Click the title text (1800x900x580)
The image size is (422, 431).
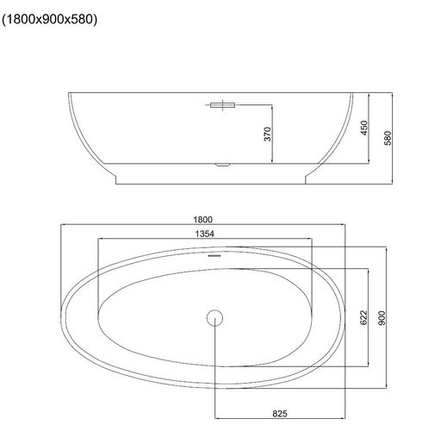[49, 20]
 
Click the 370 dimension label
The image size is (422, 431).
[267, 134]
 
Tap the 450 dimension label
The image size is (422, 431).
[364, 128]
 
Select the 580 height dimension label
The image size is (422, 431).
[388, 138]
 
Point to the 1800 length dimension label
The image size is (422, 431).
[203, 220]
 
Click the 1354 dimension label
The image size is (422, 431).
[205, 234]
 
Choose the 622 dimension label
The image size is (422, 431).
[363, 317]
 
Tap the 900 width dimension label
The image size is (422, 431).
[382, 318]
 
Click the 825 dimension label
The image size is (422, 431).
[280, 414]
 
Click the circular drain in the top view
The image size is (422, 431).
[214, 318]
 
